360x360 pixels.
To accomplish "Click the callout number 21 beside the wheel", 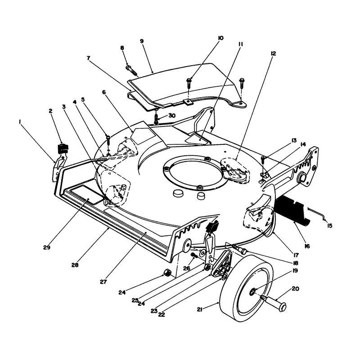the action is coord(199,310).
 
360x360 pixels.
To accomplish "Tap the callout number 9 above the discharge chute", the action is coord(142,41).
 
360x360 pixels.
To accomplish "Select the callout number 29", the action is coord(47,247).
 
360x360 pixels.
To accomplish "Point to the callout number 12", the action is coord(273,54).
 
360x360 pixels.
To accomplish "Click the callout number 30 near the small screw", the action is coord(172,116).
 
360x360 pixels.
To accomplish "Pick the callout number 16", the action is coord(307,246).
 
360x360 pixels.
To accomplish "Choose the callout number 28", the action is coord(75,265).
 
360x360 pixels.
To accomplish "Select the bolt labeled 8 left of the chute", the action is coord(132,70).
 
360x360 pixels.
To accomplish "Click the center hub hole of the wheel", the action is coord(252,292).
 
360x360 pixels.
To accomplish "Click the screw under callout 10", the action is coord(189,84).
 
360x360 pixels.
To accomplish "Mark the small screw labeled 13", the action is coord(263,160).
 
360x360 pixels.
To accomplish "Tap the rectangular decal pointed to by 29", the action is coord(86,194).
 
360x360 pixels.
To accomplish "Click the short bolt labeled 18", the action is coord(239,249).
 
